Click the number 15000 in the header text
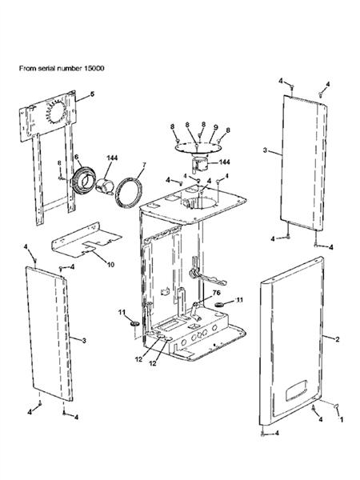click(x=94, y=68)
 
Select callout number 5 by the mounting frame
click(x=92, y=94)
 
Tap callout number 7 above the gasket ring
click(x=144, y=166)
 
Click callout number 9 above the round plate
click(x=215, y=126)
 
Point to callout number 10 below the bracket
click(x=110, y=264)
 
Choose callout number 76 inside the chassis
click(x=216, y=293)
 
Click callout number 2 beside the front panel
click(x=338, y=339)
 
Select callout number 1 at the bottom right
click(x=342, y=419)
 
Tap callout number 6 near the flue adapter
click(x=76, y=157)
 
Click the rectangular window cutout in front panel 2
click(x=296, y=390)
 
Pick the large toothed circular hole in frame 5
click(x=56, y=112)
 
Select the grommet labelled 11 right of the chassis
click(x=219, y=304)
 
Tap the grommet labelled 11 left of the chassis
click(x=134, y=323)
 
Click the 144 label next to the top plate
click(x=224, y=162)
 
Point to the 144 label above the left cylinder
click(x=112, y=158)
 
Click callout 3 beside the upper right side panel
click(x=265, y=150)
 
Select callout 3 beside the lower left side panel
click(x=84, y=341)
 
